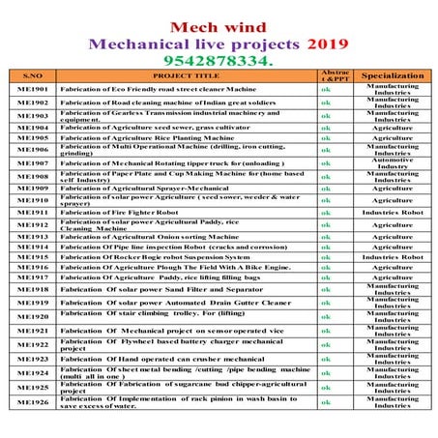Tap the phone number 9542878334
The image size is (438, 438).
(x=219, y=62)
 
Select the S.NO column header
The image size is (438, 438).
(x=33, y=75)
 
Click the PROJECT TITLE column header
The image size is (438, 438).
(x=185, y=75)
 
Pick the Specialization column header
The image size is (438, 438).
(x=392, y=75)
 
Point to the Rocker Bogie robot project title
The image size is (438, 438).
(x=155, y=257)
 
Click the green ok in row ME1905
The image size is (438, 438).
(x=325, y=137)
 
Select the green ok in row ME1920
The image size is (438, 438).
(x=325, y=316)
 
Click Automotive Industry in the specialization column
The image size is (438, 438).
(x=392, y=162)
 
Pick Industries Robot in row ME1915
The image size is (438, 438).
(x=392, y=257)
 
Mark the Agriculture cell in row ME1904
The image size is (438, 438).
(x=392, y=127)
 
